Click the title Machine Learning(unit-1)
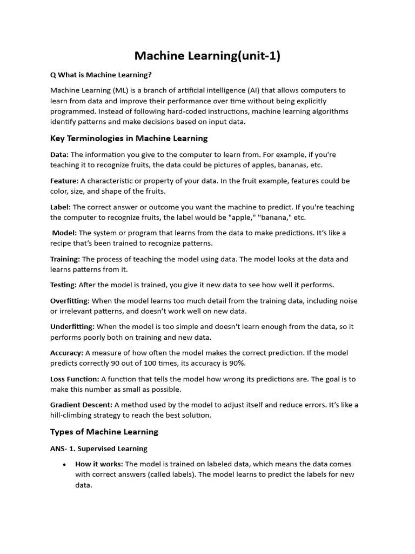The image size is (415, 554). [x=207, y=56]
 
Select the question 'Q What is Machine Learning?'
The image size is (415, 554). [x=97, y=75]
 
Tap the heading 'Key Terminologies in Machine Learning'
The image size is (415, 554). [x=129, y=138]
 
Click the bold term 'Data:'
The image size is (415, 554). [x=59, y=155]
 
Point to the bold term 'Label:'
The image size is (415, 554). [x=61, y=207]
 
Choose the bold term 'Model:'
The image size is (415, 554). [x=65, y=233]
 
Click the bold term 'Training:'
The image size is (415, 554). [x=65, y=259]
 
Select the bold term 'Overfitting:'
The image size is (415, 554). [x=70, y=301]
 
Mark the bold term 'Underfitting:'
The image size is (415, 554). [x=72, y=327]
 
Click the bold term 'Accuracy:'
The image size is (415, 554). [x=66, y=353]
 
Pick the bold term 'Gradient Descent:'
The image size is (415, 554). [x=81, y=405]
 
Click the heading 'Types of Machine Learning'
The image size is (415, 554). [x=104, y=432]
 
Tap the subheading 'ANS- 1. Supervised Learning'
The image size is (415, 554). [x=99, y=449]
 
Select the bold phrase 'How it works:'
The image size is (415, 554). [x=99, y=464]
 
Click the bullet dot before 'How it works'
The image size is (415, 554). [x=64, y=465]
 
